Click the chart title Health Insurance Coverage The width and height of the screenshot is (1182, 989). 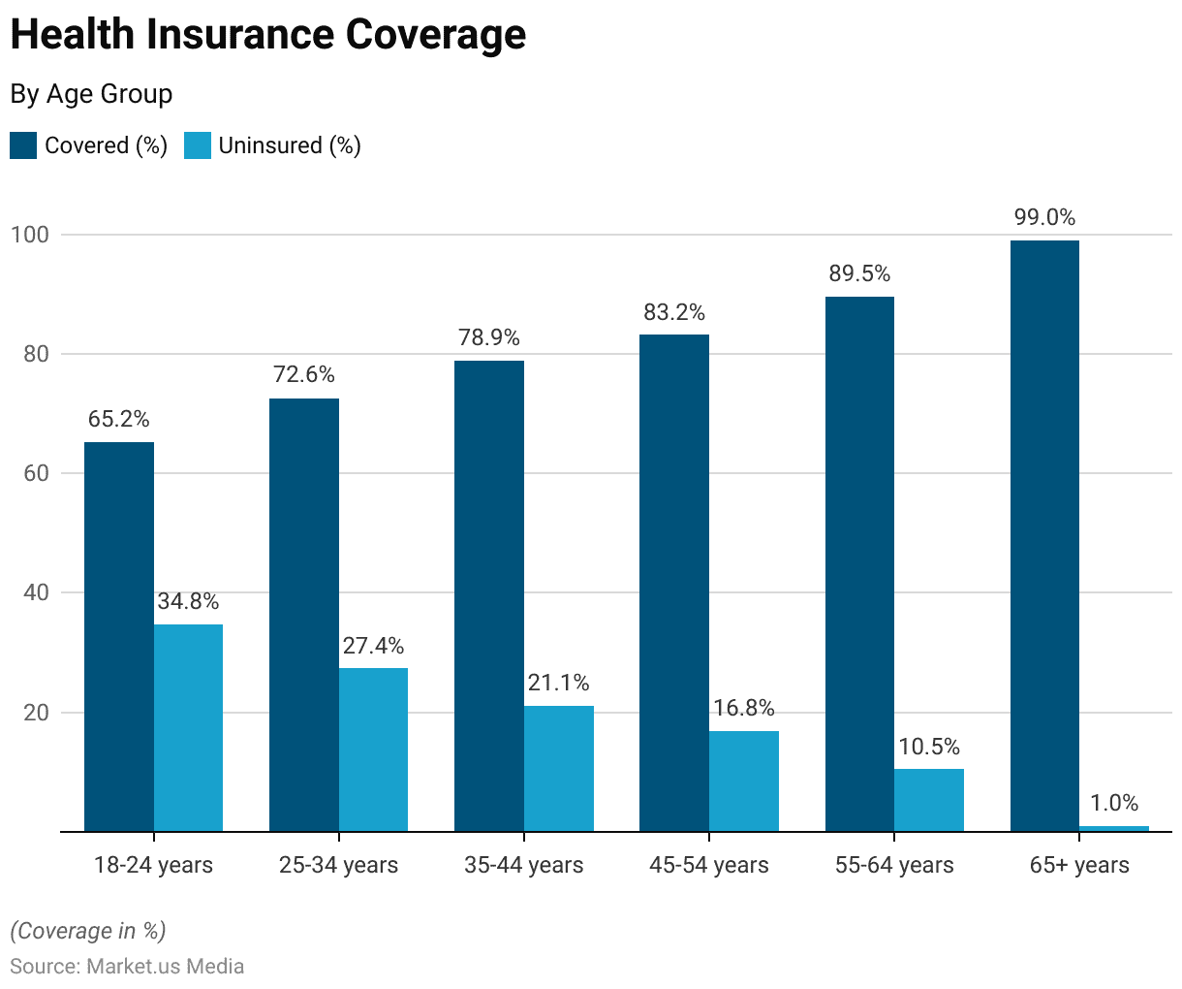pyautogui.click(x=268, y=35)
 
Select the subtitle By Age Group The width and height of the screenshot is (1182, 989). pyautogui.click(x=91, y=94)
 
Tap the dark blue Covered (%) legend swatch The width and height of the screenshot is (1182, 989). pyautogui.click(x=23, y=145)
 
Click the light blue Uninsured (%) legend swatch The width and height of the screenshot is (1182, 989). pyautogui.click(x=198, y=145)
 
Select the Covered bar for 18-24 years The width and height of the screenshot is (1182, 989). pyautogui.click(x=119, y=636)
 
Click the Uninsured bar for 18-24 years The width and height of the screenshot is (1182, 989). pyautogui.click(x=188, y=727)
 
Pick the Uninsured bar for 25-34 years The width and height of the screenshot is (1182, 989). pyautogui.click(x=373, y=750)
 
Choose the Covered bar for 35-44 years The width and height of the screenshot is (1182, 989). pyautogui.click(x=489, y=595)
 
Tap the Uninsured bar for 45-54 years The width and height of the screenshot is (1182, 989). pyautogui.click(x=744, y=781)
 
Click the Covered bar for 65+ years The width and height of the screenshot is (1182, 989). pyautogui.click(x=1044, y=535)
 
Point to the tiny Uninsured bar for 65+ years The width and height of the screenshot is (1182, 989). pyautogui.click(x=1114, y=828)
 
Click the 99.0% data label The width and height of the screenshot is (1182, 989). pyautogui.click(x=1044, y=217)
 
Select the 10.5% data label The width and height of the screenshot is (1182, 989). pyautogui.click(x=929, y=747)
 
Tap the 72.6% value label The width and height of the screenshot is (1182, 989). pyautogui.click(x=304, y=374)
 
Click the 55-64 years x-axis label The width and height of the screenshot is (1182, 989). pyautogui.click(x=894, y=865)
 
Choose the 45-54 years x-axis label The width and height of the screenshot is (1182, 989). pyautogui.click(x=709, y=865)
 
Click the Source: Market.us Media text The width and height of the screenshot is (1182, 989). pyautogui.click(x=127, y=967)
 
